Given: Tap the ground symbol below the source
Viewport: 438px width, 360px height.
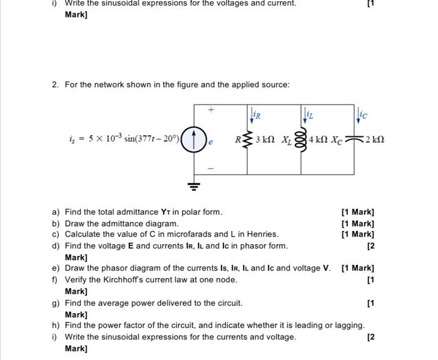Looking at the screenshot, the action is tap(194, 185).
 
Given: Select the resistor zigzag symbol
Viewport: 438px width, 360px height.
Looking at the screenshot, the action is tap(248, 139).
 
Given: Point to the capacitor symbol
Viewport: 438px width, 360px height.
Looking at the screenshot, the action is tap(357, 139).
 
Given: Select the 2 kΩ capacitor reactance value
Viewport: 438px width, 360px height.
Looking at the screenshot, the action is tap(375, 139).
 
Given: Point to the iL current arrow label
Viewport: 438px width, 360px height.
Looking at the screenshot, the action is tap(309, 115).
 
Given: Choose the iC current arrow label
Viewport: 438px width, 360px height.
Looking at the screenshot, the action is tap(363, 115).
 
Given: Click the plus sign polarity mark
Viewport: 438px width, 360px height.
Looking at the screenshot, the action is tap(211, 110).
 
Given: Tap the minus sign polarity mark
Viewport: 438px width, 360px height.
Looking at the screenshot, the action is tap(211, 168).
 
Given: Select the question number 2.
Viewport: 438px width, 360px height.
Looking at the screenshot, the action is tap(55, 85).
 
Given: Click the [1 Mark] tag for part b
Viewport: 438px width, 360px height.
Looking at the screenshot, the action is tap(357, 223).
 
